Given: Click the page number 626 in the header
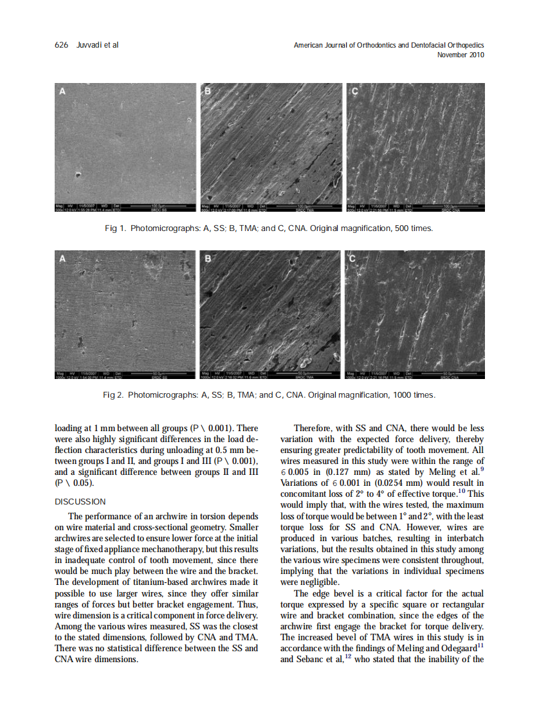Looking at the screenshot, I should pyautogui.click(x=61, y=45).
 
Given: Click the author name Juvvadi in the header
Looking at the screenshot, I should pyautogui.click(x=89, y=45).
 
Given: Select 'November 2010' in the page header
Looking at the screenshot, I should pyautogui.click(x=461, y=55).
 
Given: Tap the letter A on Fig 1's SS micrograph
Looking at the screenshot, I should pyautogui.click(x=62, y=92).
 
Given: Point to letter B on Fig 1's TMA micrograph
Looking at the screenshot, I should pyautogui.click(x=207, y=92).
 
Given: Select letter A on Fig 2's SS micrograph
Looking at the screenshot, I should pyautogui.click(x=62, y=259).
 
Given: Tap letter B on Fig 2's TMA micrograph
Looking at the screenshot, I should pyautogui.click(x=207, y=259).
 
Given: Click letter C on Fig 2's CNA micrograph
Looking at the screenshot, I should pyautogui.click(x=352, y=259).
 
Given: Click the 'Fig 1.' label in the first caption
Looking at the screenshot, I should pyautogui.click(x=114, y=229).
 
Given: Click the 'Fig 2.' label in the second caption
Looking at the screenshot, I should pyautogui.click(x=113, y=394).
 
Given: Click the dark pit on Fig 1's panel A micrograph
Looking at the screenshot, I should pyautogui.click(x=77, y=174).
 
